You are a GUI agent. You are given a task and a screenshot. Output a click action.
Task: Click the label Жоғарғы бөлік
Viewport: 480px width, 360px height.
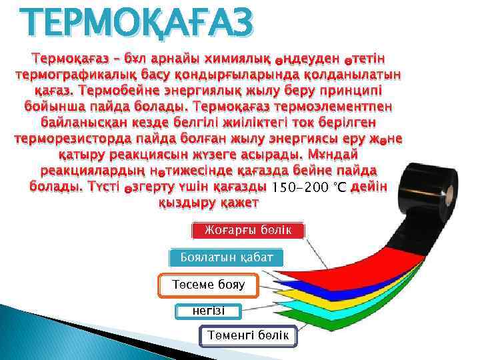[249, 231]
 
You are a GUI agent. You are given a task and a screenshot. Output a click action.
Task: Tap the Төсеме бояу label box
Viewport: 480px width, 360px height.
[208, 285]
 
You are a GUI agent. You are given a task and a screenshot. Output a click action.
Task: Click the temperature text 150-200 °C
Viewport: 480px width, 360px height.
[309, 187]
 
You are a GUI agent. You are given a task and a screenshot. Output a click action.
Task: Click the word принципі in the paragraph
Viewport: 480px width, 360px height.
[348, 89]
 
